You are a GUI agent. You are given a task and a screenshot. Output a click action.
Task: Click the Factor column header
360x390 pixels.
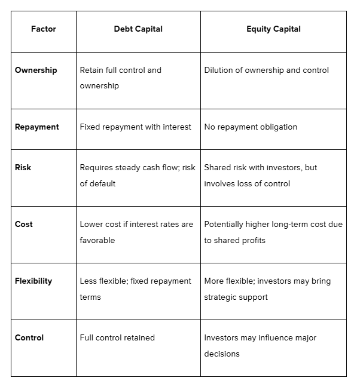click(43, 29)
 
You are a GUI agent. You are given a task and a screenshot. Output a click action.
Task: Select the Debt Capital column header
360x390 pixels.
click(138, 29)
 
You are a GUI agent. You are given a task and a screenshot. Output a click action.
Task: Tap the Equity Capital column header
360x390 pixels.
click(273, 29)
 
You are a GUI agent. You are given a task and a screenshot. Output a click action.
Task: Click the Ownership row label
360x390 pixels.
click(36, 70)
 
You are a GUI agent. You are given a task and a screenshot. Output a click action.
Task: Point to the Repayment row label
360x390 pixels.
click(36, 127)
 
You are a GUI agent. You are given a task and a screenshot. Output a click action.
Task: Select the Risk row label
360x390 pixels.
click(23, 167)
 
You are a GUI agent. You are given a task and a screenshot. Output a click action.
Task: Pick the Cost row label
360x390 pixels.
click(23, 224)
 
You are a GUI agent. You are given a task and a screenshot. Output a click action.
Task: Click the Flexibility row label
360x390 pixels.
click(33, 281)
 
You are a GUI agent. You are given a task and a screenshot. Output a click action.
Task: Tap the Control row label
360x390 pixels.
click(29, 337)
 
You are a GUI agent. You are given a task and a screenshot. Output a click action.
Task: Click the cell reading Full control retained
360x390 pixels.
click(117, 337)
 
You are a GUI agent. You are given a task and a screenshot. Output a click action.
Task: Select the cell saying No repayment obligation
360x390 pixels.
click(251, 127)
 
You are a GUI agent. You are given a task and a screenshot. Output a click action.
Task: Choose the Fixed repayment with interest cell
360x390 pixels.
click(136, 127)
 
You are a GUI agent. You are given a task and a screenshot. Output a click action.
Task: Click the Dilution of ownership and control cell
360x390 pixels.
click(266, 70)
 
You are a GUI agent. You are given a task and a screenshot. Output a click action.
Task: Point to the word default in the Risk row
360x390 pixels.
click(104, 183)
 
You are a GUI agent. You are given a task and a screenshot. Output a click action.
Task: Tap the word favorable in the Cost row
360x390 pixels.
click(97, 240)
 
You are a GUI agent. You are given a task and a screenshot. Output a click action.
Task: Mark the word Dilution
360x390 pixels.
click(219, 70)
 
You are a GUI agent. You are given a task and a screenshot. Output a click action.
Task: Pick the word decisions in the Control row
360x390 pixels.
click(222, 354)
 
